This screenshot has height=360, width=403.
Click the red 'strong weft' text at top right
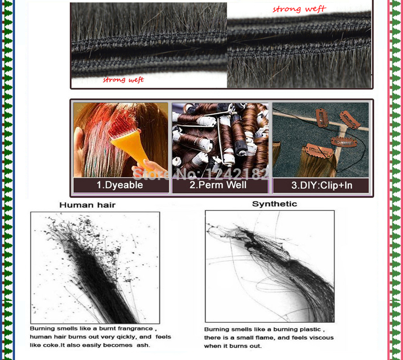pyautogui.click(x=299, y=9)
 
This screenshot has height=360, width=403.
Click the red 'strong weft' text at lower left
pyautogui.click(x=123, y=80)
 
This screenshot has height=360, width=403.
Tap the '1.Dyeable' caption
pyautogui.click(x=120, y=185)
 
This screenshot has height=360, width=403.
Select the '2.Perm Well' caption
pyautogui.click(x=218, y=185)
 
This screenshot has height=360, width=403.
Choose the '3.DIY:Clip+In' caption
pyautogui.click(x=322, y=185)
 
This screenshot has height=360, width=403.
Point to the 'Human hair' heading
pyautogui.click(x=87, y=205)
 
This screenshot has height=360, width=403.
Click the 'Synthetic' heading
pyautogui.click(x=274, y=204)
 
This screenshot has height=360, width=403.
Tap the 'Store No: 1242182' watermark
pyautogui.click(x=200, y=174)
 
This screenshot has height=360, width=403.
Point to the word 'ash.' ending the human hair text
pyautogui.click(x=143, y=345)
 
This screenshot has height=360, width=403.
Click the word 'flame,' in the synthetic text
pyautogui.click(x=266, y=338)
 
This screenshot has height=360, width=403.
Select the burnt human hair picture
pyautogui.click(x=95, y=268)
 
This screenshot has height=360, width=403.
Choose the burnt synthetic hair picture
pyautogui.click(x=270, y=266)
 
